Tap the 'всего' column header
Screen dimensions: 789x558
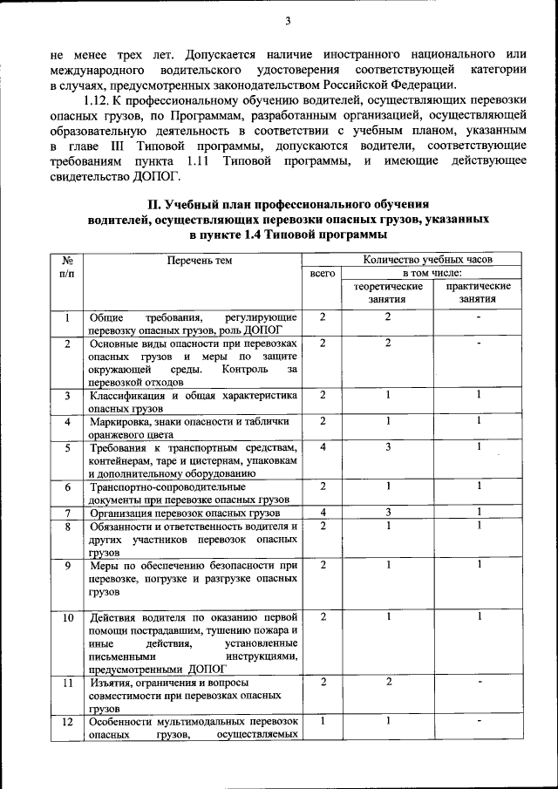pos(323,274)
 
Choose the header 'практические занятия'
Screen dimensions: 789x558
pos(479,292)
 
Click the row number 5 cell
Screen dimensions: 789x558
pos(67,448)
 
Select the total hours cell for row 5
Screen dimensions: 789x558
pos(323,448)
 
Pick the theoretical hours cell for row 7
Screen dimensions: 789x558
pos(388,513)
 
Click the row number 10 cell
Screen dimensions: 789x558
pos(67,618)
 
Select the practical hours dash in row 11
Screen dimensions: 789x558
pos(479,683)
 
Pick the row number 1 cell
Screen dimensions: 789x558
pos(67,317)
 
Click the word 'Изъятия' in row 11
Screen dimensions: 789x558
pos(112,683)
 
